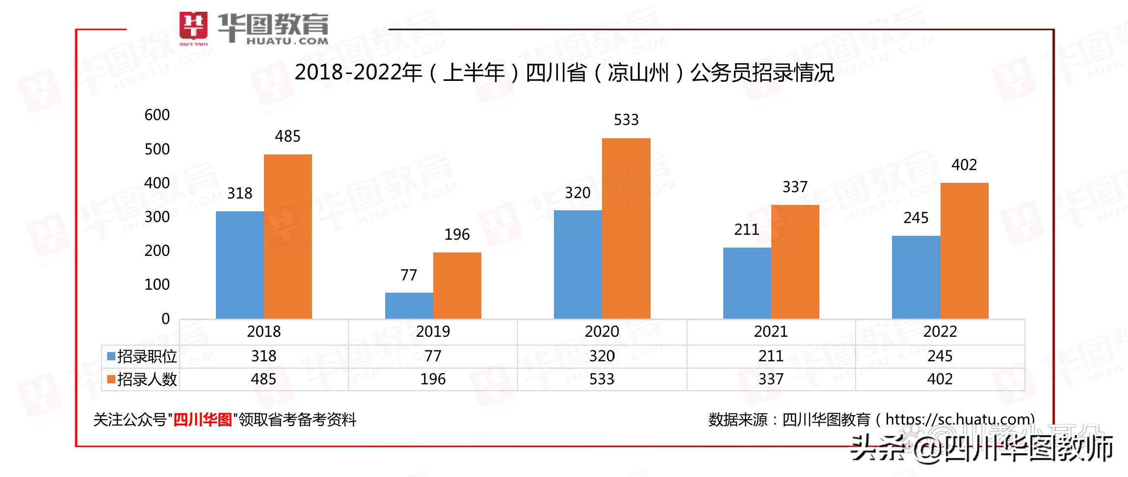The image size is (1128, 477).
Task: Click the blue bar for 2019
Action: click(x=409, y=305)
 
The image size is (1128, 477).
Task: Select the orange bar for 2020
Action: click(x=626, y=228)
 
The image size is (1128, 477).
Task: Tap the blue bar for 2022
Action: click(x=916, y=277)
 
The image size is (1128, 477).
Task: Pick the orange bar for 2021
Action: click(x=795, y=262)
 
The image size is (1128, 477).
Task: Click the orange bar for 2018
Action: click(x=288, y=236)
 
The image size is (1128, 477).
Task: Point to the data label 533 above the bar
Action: click(x=626, y=120)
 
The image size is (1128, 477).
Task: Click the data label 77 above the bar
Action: click(x=409, y=275)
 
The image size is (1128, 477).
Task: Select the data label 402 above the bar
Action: click(x=964, y=165)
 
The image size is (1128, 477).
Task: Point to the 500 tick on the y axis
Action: click(x=157, y=149)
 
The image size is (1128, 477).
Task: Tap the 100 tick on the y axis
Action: click(x=157, y=284)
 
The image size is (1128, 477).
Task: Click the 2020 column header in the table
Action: click(x=602, y=331)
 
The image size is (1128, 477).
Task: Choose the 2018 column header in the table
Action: click(x=264, y=331)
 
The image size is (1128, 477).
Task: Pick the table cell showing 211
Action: click(x=771, y=356)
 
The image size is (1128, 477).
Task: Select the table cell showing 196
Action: click(x=433, y=379)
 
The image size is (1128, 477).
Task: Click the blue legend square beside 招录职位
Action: click(x=111, y=356)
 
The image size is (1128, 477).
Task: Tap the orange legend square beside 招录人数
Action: click(x=111, y=379)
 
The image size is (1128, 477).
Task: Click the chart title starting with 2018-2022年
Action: click(x=564, y=73)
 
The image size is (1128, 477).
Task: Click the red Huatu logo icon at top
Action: click(x=193, y=27)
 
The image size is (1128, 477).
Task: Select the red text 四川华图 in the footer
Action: click(x=203, y=420)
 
